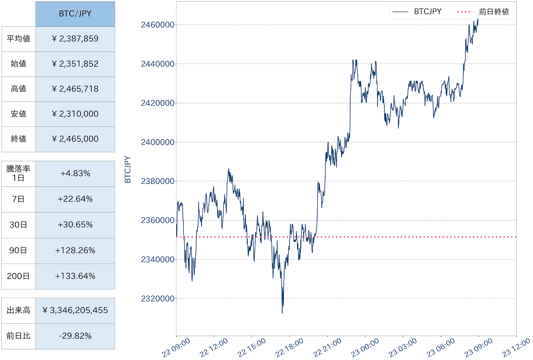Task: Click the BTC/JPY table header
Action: click(75, 14)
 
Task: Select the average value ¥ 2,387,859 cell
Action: click(75, 39)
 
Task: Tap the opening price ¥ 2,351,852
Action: click(75, 64)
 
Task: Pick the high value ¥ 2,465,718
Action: click(75, 89)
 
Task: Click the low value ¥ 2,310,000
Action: click(75, 114)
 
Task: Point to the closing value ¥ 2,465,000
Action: click(75, 139)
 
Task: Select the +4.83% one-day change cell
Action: click(75, 174)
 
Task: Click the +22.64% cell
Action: click(75, 199)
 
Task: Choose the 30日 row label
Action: click(18, 225)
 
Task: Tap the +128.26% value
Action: click(75, 250)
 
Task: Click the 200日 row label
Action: click(18, 276)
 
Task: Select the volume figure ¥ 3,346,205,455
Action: click(75, 310)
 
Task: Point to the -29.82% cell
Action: click(75, 336)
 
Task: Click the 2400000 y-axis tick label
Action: click(158, 142)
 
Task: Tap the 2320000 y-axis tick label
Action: click(158, 299)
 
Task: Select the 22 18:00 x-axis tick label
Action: click(289, 348)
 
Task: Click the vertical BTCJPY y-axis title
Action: click(128, 170)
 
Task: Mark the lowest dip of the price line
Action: click(282, 312)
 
